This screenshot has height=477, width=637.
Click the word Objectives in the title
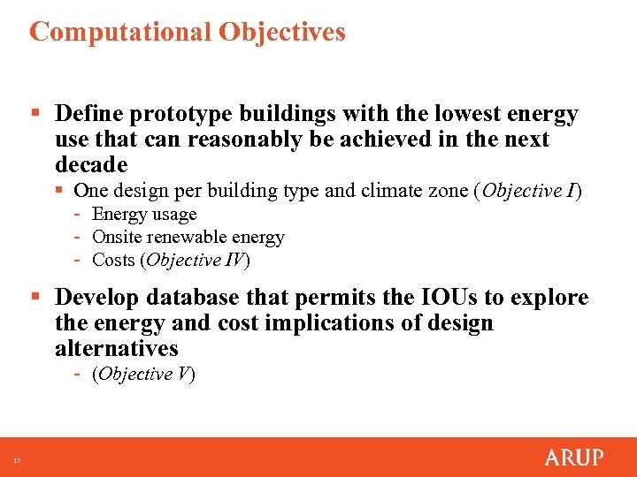(x=282, y=33)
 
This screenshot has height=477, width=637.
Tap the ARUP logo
(x=573, y=458)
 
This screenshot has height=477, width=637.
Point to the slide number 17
(x=16, y=459)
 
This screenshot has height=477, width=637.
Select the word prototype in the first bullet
(x=177, y=115)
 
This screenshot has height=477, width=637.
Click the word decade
(x=91, y=165)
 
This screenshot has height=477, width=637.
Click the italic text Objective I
(x=528, y=191)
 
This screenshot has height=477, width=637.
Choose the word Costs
(x=113, y=260)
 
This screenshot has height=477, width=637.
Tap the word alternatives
(x=117, y=349)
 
